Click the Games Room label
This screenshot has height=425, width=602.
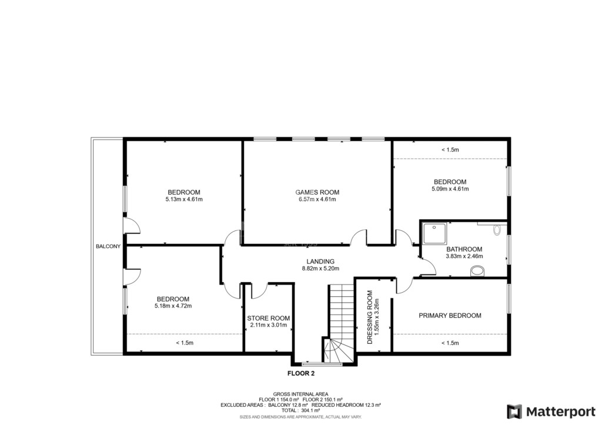click(317, 192)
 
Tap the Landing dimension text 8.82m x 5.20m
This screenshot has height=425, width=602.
click(320, 269)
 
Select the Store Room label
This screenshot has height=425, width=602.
click(268, 318)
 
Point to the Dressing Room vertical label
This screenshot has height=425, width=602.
click(370, 317)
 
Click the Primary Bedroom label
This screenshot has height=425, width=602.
click(450, 316)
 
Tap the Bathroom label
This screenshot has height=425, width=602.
click(464, 249)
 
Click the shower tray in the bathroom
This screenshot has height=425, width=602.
click(435, 233)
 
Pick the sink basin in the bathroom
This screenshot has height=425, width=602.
click(477, 272)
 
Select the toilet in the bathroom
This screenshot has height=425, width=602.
click(497, 230)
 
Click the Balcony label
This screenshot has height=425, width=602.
click(108, 246)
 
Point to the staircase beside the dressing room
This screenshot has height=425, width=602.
click(340, 323)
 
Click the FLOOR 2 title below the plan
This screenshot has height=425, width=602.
click(301, 373)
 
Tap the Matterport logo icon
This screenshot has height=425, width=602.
click(514, 411)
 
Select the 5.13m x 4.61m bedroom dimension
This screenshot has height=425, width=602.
click(184, 199)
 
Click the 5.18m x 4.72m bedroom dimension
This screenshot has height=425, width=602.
click(173, 306)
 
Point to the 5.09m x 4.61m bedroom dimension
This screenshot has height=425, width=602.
click(450, 189)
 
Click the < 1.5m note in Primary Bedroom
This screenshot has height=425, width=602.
click(450, 343)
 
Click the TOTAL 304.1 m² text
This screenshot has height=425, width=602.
click(300, 410)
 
